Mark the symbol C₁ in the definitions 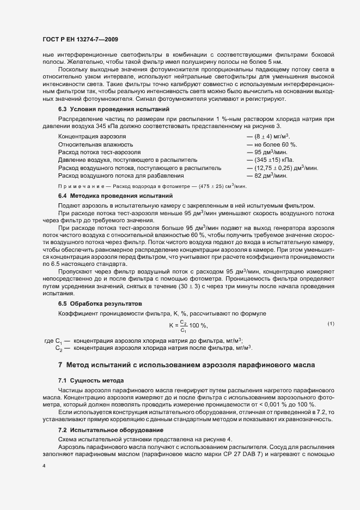57,341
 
